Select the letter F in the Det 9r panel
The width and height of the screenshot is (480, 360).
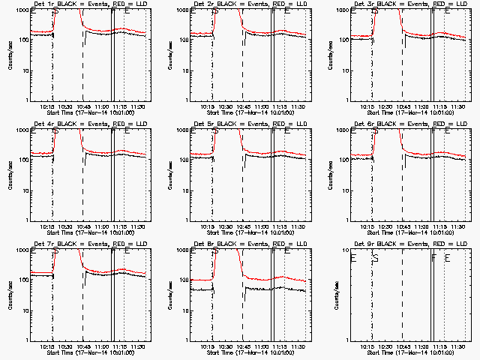434,257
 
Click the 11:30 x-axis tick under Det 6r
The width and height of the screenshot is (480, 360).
456,226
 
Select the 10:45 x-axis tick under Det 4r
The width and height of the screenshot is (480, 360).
84,226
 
